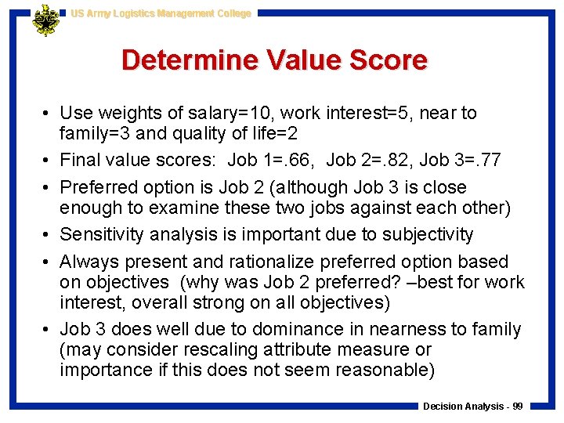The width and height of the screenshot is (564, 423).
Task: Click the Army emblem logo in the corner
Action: point(45,21)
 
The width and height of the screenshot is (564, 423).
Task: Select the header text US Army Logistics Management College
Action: point(161,13)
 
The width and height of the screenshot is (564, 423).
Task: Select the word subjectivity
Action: point(427,235)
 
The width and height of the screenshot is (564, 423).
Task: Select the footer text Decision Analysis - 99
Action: point(472,406)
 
